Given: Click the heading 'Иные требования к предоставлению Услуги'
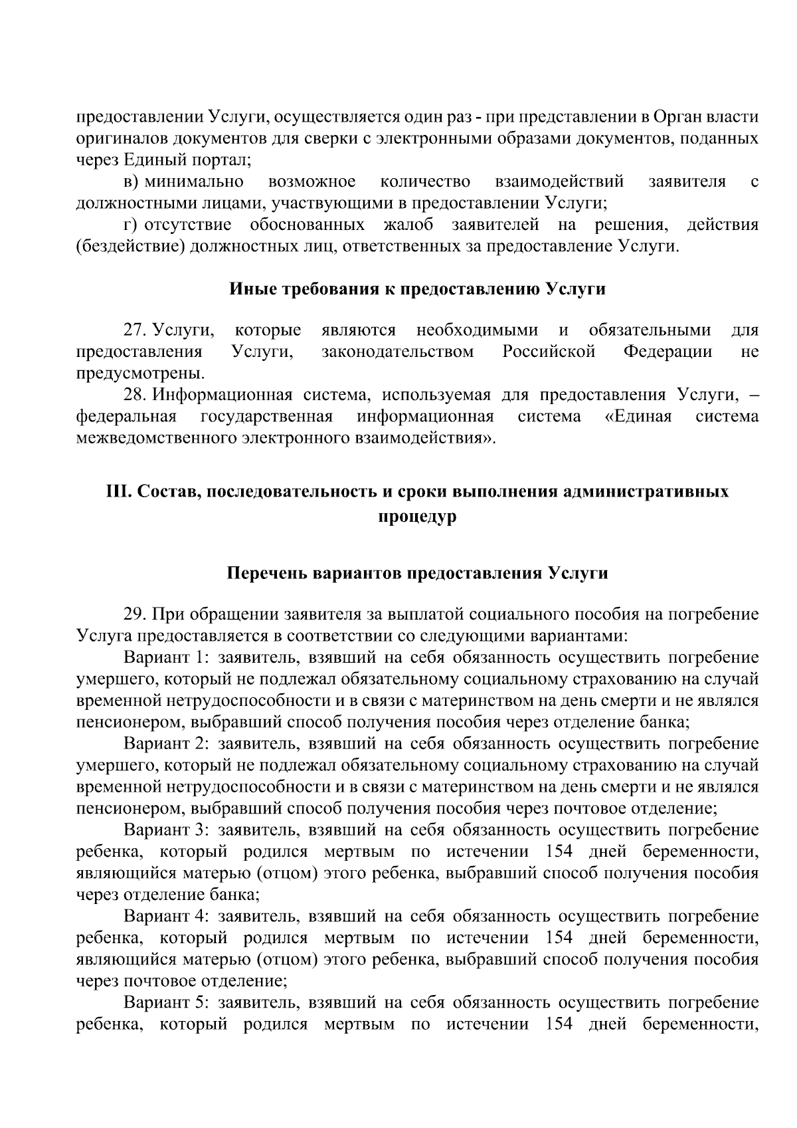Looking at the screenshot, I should click(418, 289).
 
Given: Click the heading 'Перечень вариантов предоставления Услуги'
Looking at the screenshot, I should click(418, 573).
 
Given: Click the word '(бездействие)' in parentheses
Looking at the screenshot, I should click(130, 247).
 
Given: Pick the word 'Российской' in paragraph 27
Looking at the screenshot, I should click(549, 352).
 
